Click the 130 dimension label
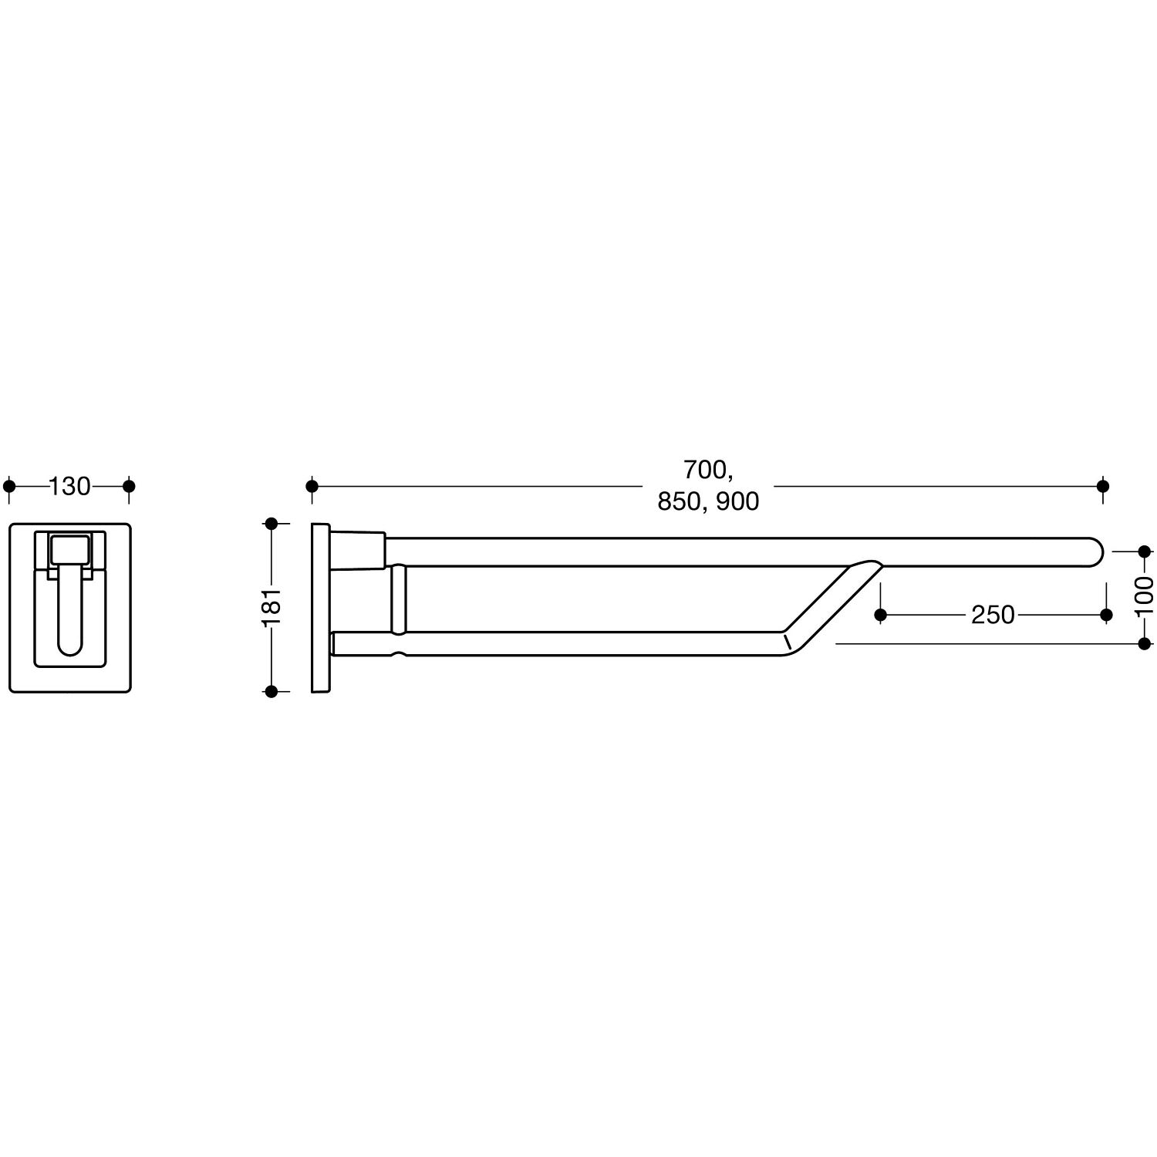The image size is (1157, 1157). tap(69, 487)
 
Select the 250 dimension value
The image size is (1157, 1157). tap(993, 615)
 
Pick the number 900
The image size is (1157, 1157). tap(737, 502)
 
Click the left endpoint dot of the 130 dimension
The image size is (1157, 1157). tap(9, 487)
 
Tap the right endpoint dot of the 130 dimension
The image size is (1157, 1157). tap(129, 487)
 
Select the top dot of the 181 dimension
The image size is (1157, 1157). tap(271, 524)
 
